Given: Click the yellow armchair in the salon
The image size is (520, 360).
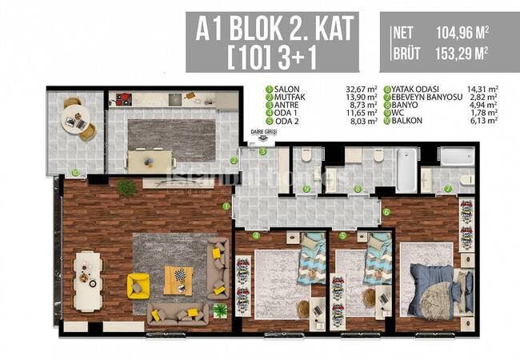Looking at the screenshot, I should click(138, 284).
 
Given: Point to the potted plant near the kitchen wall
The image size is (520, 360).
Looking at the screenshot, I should click(126, 186).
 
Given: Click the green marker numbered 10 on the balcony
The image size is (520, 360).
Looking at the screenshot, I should click(74, 171).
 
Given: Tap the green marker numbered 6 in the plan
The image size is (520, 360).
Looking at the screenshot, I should click(386, 212).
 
